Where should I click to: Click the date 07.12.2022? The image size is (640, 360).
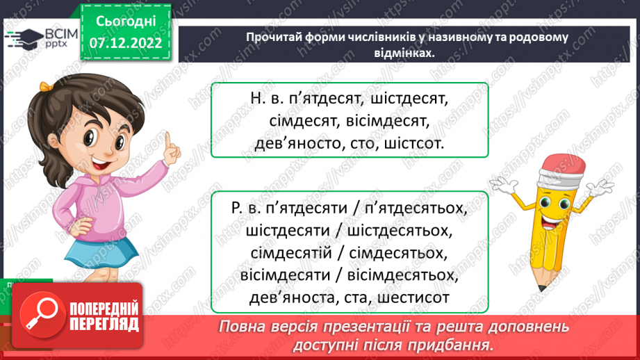[127, 43]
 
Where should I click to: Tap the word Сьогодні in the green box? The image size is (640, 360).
[127, 21]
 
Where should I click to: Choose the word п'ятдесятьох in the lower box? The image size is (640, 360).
[422, 208]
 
